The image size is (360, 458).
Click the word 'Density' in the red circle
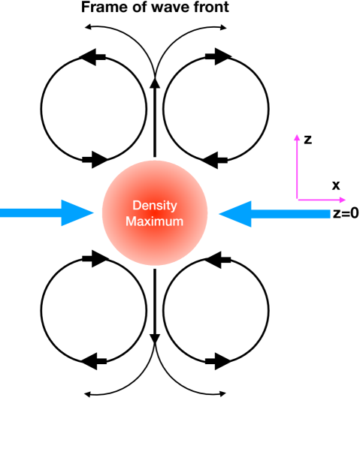(x=153, y=206)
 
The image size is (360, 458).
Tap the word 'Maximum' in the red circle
(x=153, y=221)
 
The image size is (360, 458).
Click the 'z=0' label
(x=343, y=213)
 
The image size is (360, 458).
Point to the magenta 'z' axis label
(x=308, y=139)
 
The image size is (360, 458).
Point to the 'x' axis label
(x=335, y=185)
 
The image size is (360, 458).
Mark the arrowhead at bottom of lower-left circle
(x=89, y=361)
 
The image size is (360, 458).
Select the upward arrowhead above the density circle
(x=154, y=83)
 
